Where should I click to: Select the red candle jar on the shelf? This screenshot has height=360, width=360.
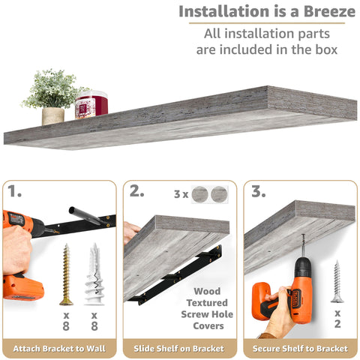point(91,104)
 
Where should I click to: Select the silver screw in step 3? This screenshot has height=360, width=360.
point(337,281)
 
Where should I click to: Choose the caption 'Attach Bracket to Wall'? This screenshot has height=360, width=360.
point(58,349)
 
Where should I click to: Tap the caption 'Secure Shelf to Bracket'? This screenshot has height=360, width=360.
point(300,349)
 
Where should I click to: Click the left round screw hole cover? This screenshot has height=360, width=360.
point(200,194)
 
